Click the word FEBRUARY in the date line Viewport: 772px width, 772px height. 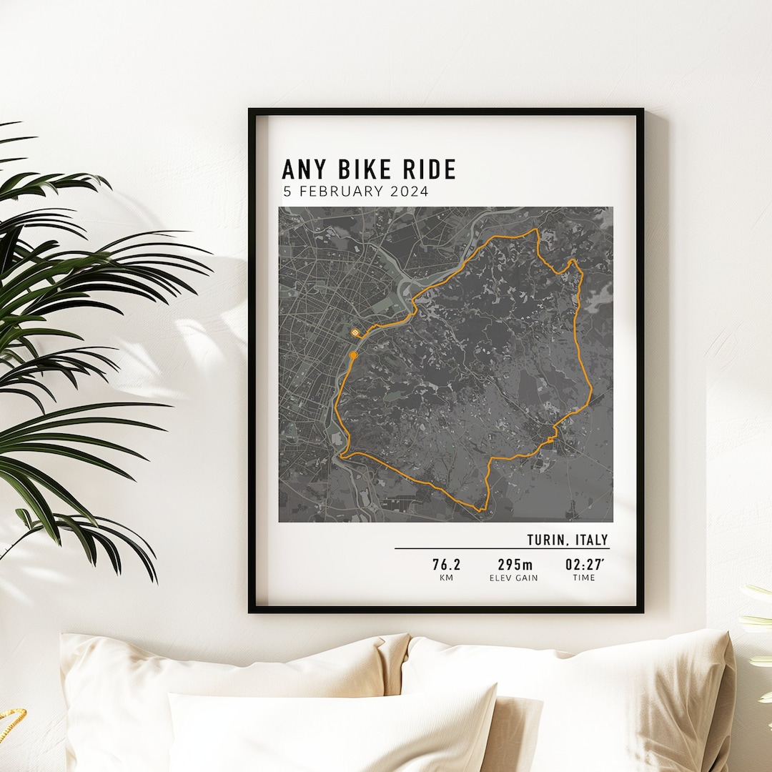click(x=340, y=192)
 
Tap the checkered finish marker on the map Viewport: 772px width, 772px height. click(x=356, y=332)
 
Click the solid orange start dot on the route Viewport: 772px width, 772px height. click(x=353, y=355)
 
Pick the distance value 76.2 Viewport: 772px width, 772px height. click(x=446, y=565)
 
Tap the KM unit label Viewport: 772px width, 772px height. click(x=446, y=578)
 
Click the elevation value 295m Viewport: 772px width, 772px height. click(x=515, y=565)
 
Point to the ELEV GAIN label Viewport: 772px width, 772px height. click(x=515, y=578)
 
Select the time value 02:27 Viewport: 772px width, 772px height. click(x=583, y=565)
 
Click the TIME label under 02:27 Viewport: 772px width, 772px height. click(x=583, y=578)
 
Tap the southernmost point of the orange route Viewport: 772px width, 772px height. click(x=480, y=510)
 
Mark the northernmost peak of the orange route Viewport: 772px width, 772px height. click(x=535, y=230)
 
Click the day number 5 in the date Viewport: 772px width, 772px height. click(x=287, y=192)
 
